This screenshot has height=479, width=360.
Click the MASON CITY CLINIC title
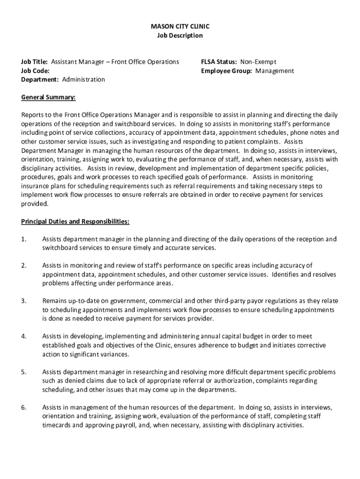(180, 27)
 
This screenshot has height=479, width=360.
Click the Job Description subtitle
(180, 36)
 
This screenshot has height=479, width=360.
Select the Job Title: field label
(35, 62)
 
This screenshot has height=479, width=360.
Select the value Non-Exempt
(259, 62)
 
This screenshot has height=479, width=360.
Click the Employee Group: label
(227, 71)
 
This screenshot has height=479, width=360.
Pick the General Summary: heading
(48, 97)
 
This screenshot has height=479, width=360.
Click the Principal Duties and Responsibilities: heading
(75, 221)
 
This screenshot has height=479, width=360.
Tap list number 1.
(23, 239)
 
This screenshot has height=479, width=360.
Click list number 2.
(23, 266)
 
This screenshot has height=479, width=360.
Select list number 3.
(23, 301)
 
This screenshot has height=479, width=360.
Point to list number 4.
(23, 336)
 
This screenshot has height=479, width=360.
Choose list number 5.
(23, 372)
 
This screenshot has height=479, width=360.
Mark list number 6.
(23, 407)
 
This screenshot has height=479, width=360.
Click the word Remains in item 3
(55, 301)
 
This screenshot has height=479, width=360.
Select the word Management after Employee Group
(274, 71)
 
